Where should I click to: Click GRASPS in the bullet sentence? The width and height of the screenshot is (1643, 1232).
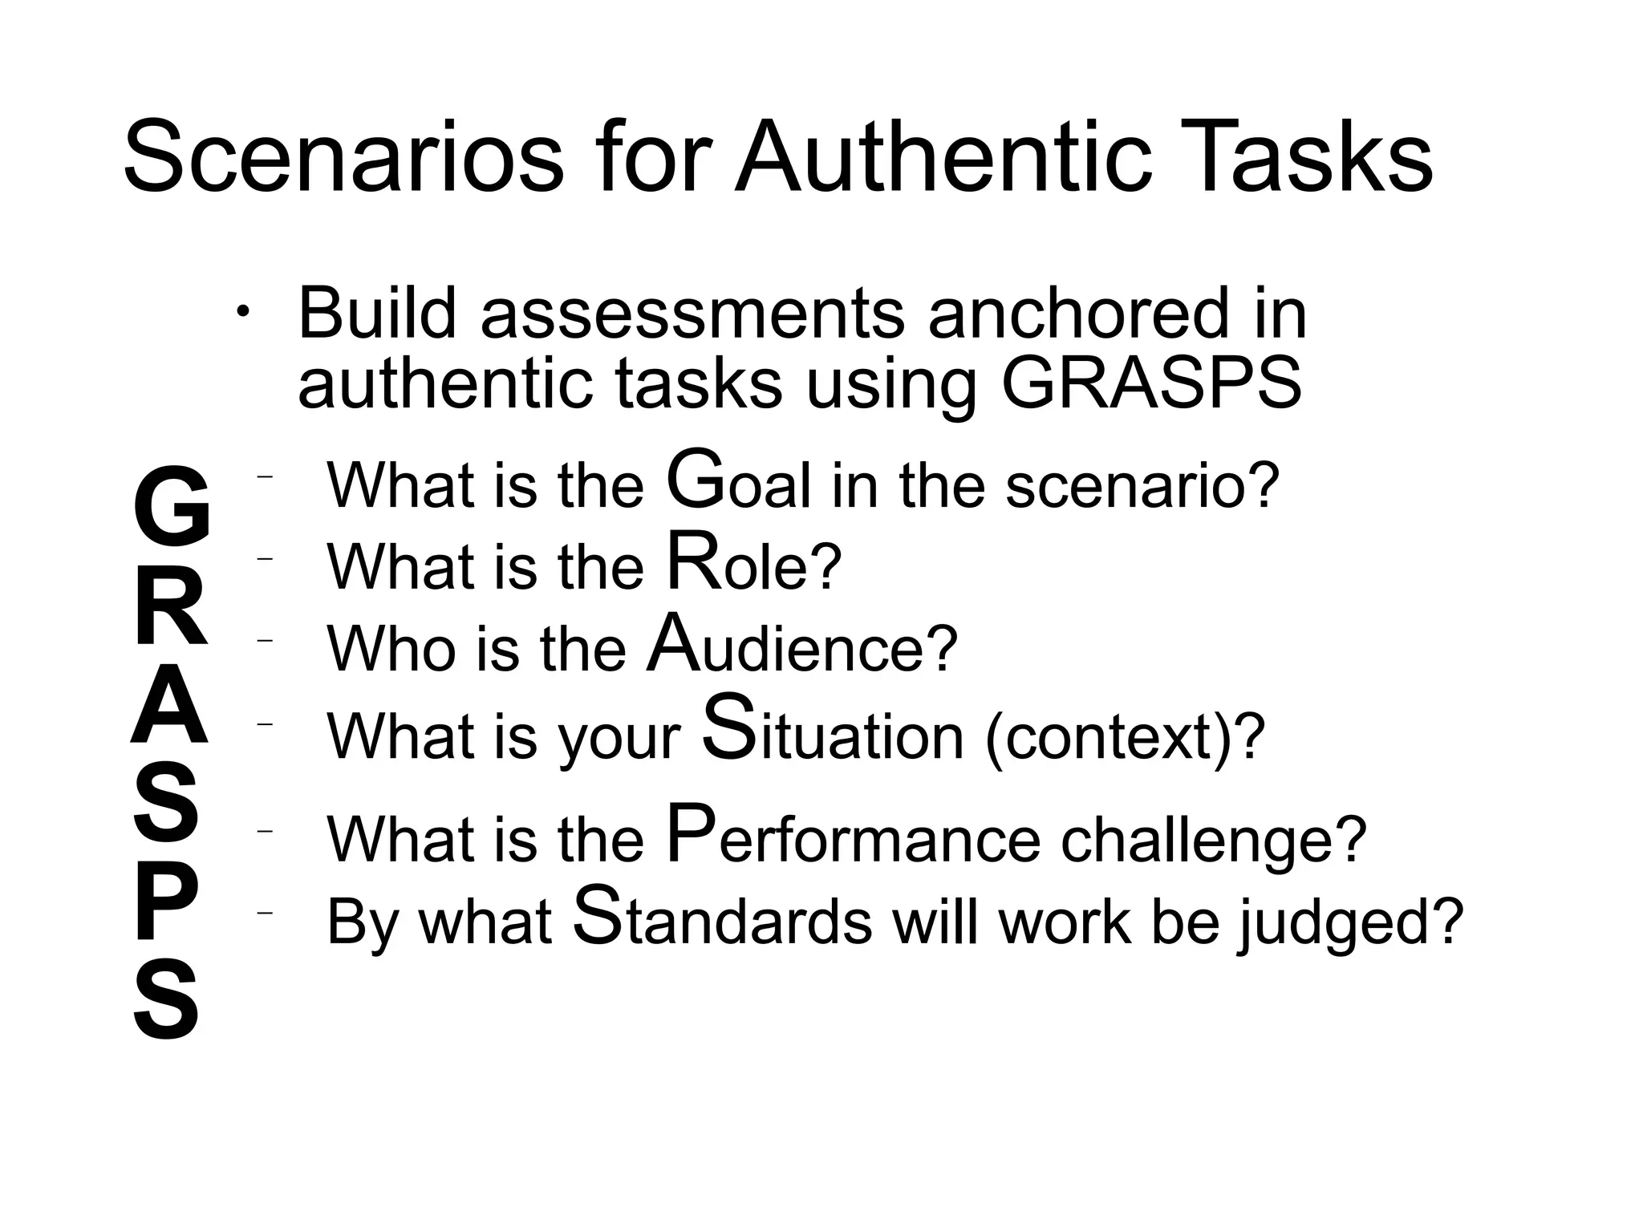tap(1152, 383)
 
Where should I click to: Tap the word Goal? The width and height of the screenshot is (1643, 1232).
tap(738, 484)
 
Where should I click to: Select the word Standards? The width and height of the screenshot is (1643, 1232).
tap(722, 920)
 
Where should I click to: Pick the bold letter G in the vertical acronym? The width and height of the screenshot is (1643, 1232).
tap(171, 503)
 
